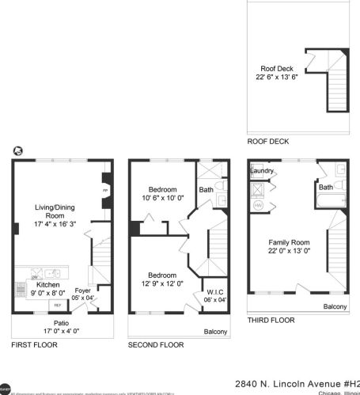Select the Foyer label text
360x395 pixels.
(x=82, y=290)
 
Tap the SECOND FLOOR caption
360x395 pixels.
(x=156, y=345)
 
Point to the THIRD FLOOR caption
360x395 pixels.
(x=271, y=320)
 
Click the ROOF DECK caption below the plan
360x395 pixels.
(x=267, y=142)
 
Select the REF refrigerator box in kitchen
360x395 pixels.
(x=57, y=303)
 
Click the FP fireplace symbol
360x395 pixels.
(x=106, y=192)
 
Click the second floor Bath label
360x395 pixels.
(x=206, y=190)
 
